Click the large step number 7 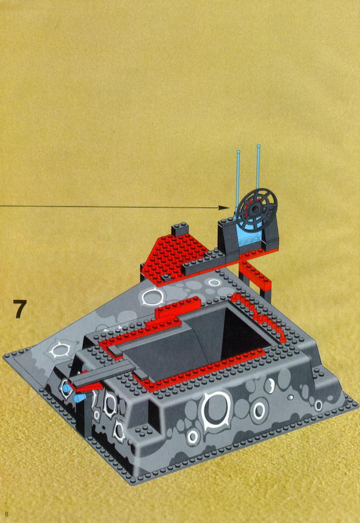coord(19,309)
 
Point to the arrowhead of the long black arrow coord(224,208)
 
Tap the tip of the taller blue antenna coord(259,146)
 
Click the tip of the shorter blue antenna coord(238,152)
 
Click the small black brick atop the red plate coord(180,230)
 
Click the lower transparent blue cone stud coord(79,398)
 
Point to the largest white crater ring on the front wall coord(216,410)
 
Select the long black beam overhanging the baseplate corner coord(102,375)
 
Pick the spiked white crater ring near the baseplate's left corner coord(60,350)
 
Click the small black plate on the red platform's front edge coord(166,278)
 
